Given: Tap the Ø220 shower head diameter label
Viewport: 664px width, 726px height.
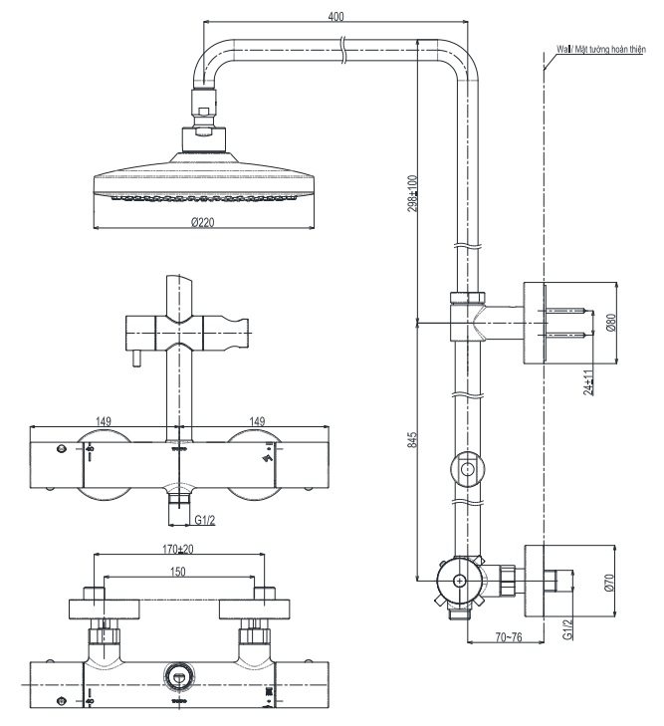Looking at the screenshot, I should click(x=203, y=222).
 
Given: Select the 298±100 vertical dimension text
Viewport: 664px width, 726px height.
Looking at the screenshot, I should click(x=411, y=197).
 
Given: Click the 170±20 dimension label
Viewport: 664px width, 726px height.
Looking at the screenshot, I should click(x=177, y=548).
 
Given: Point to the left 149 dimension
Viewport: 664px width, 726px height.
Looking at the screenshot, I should click(x=104, y=421).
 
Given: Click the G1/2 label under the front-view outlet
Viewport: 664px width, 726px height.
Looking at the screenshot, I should click(x=206, y=518).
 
